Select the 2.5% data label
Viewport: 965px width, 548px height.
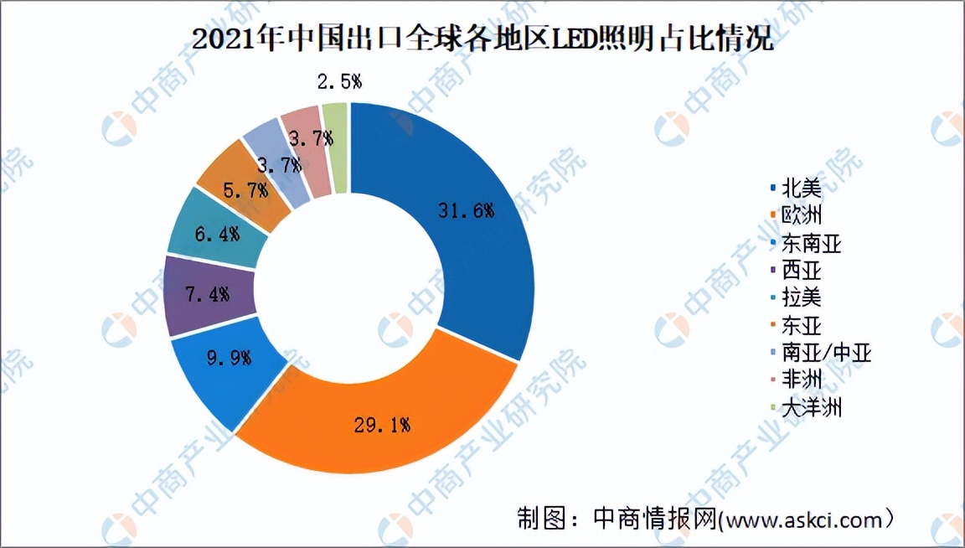339,82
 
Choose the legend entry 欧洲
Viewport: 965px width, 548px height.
800,215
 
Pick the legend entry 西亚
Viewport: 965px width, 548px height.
800,271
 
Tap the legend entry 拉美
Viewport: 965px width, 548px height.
800,297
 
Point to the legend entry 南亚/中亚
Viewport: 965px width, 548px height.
825,353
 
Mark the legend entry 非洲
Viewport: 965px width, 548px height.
800,380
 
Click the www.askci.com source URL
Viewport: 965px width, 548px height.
805,520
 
